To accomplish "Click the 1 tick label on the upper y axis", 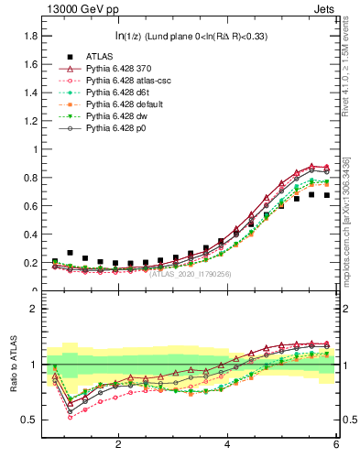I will [x=34, y=149].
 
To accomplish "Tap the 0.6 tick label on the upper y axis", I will [x=30, y=206].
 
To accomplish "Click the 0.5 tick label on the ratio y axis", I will [x=30, y=420].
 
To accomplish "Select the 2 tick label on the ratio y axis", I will [x=34, y=310].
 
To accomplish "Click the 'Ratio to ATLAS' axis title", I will [x=13, y=365].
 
